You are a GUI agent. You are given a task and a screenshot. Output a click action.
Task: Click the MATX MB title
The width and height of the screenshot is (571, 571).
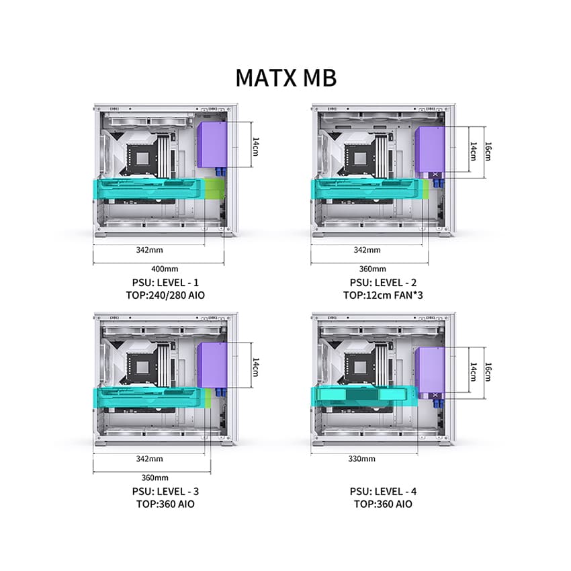pos(286,77)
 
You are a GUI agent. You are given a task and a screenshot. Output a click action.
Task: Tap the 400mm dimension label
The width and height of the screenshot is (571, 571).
pos(165,269)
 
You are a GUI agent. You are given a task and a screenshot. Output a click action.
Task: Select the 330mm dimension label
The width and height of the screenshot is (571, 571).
pos(361,458)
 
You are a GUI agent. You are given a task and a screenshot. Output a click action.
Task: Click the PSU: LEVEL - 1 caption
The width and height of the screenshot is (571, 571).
pos(165,283)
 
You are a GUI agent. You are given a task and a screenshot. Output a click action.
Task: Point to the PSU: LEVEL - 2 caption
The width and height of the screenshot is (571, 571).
pos(383,283)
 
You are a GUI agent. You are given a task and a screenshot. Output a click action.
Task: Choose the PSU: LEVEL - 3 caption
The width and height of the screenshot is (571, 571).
pos(165,491)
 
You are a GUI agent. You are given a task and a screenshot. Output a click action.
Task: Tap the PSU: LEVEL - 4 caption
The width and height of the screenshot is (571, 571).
pos(383,491)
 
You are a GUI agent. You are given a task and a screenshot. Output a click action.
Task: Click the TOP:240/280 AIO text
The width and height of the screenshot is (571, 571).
pos(165,295)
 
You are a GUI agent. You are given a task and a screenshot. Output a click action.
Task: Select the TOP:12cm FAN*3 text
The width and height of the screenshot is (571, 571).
pos(383,295)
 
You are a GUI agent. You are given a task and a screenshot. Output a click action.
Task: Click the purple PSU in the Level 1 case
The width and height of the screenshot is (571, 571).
pos(212,144)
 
